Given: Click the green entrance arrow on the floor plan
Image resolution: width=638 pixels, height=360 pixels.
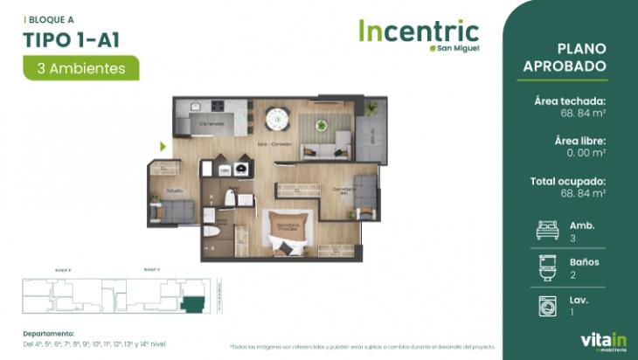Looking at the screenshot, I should pyautogui.click(x=163, y=147).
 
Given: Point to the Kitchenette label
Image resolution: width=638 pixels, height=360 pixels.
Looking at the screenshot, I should pyautogui.click(x=212, y=124).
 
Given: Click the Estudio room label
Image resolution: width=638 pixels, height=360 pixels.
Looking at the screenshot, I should pyautogui.click(x=176, y=190).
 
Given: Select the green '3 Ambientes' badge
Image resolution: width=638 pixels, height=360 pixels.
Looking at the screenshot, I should pyautogui.click(x=81, y=67).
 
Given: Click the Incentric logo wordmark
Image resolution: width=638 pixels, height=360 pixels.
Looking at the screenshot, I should pyautogui.click(x=419, y=32).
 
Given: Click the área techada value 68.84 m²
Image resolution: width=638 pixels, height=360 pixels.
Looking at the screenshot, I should pyautogui.click(x=584, y=113).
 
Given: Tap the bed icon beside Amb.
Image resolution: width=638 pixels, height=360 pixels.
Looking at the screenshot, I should pyautogui.click(x=548, y=231).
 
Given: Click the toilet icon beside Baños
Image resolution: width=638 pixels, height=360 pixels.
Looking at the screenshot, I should pyautogui.click(x=548, y=267).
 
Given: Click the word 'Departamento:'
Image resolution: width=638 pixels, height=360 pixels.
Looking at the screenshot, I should pyautogui.click(x=49, y=333).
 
